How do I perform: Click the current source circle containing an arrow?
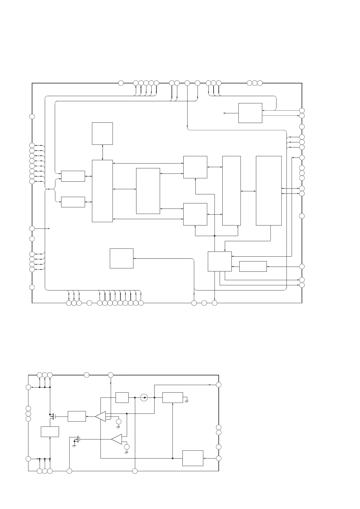pyautogui.click(x=144, y=397)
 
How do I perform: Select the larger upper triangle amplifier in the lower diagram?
pyautogui.click(x=101, y=416)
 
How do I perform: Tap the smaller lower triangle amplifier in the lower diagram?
pyautogui.click(x=117, y=439)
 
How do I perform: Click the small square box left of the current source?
pyautogui.click(x=122, y=397)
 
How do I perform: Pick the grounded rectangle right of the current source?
pyautogui.click(x=172, y=397)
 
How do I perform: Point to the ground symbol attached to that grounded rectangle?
pyautogui.click(x=187, y=401)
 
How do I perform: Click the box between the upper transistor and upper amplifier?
pyautogui.click(x=77, y=416)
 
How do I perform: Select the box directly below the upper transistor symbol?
pyautogui.click(x=50, y=432)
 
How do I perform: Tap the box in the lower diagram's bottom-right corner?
pyautogui.click(x=193, y=458)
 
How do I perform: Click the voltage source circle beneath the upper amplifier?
pyautogui.click(x=119, y=422)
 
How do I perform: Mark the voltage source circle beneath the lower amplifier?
pyautogui.click(x=127, y=447)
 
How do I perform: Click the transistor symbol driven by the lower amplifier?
pyautogui.click(x=77, y=439)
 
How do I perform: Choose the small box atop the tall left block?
pyautogui.click(x=102, y=134)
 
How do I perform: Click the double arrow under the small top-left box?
pyautogui.click(x=103, y=152)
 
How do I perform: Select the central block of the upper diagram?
pyautogui.click(x=148, y=191)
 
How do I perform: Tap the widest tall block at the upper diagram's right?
pyautogui.click(x=269, y=191)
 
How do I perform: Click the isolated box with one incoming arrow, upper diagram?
pyautogui.click(x=121, y=258)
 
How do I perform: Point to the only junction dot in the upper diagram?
pyautogui.click(x=214, y=236)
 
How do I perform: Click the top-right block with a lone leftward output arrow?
pyautogui.click(x=250, y=113)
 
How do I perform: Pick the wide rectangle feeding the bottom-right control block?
pyautogui.click(x=253, y=267)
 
